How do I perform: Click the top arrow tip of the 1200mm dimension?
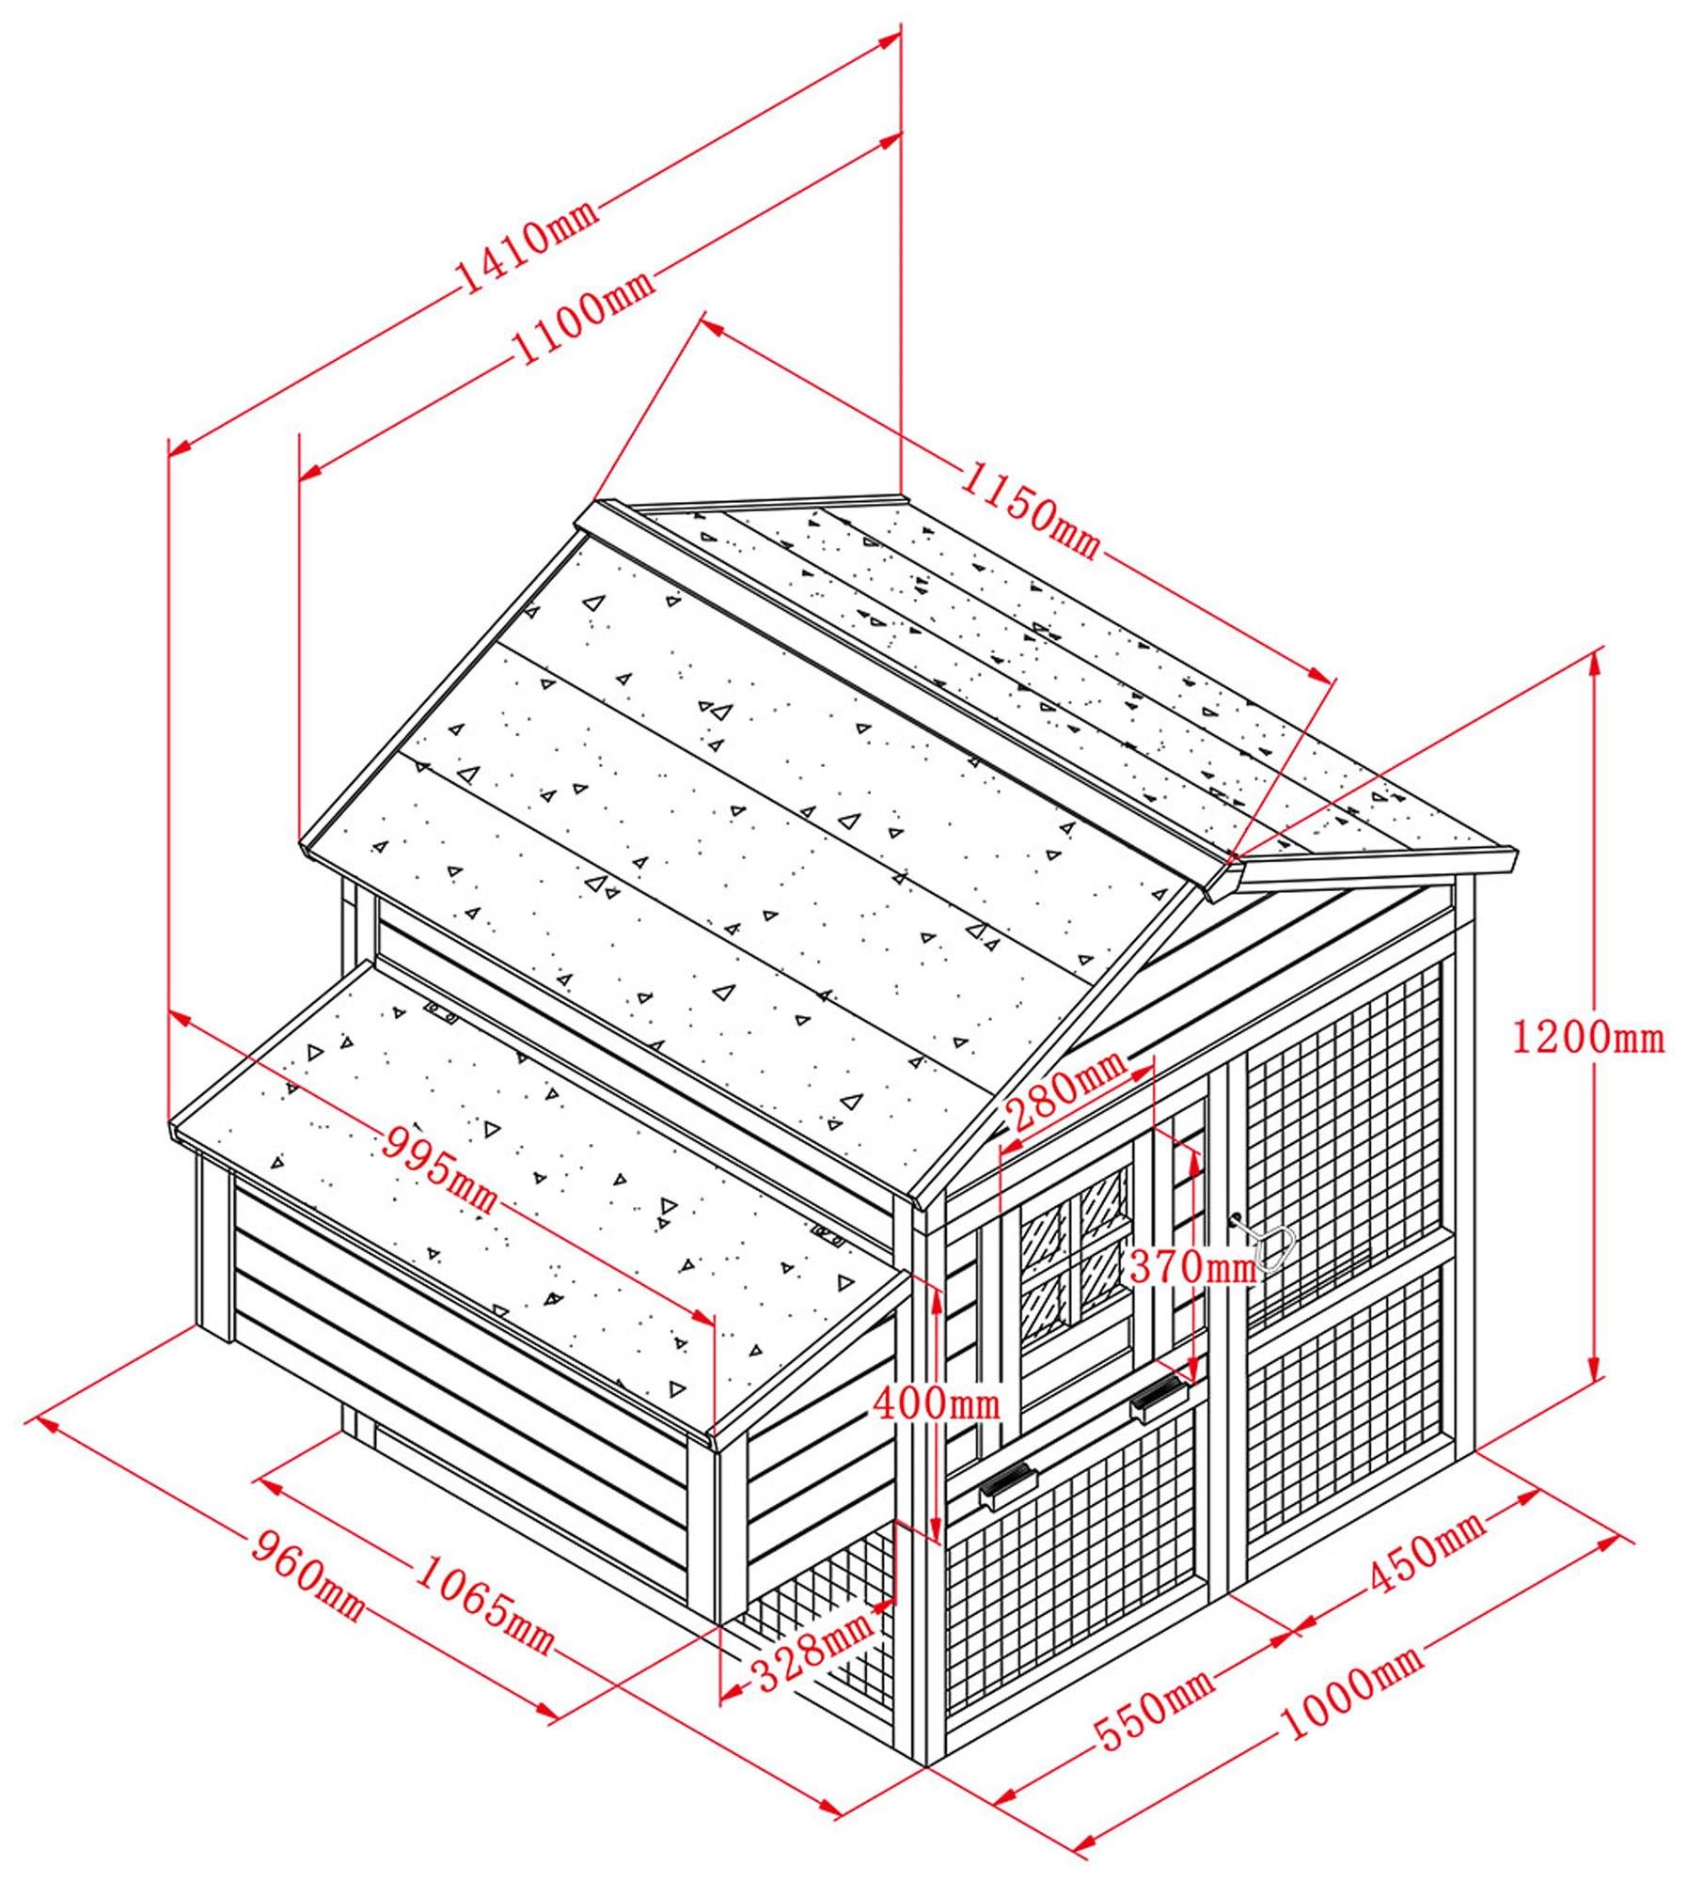[x=1594, y=652]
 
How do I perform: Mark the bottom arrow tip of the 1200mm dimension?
[x=1594, y=1381]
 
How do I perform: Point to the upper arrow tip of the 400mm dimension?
[x=937, y=1288]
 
